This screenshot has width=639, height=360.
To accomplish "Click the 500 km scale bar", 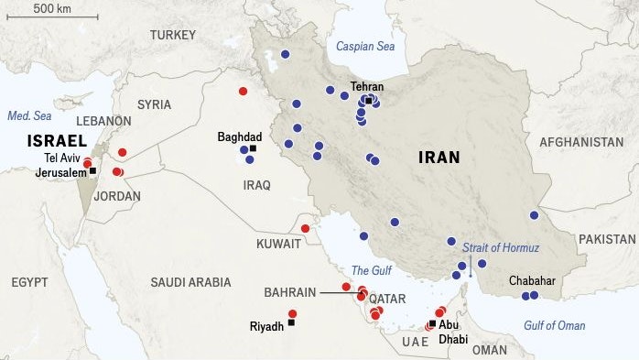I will point(65,16).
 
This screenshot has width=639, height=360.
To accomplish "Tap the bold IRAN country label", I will point(440,158).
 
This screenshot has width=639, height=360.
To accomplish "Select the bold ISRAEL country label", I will point(57,140).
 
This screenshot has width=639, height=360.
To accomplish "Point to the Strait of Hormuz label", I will point(501,248).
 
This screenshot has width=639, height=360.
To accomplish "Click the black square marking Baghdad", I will point(253,148).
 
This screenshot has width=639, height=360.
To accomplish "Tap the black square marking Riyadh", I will point(291,322).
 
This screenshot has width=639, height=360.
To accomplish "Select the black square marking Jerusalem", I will point(92,171).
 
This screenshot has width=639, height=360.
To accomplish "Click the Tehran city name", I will point(367,87).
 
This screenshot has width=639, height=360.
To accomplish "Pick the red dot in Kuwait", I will point(305,228).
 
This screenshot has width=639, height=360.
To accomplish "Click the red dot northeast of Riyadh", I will point(318,313).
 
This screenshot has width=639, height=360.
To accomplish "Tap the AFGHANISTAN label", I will point(581,143).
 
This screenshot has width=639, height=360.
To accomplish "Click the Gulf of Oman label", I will point(554,325).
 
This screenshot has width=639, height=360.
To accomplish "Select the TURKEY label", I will point(174,35).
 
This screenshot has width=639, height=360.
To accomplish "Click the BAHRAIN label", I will point(289,292).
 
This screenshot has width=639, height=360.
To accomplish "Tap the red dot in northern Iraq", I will point(243,91).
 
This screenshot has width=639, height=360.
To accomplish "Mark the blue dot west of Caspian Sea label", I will point(285,54).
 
